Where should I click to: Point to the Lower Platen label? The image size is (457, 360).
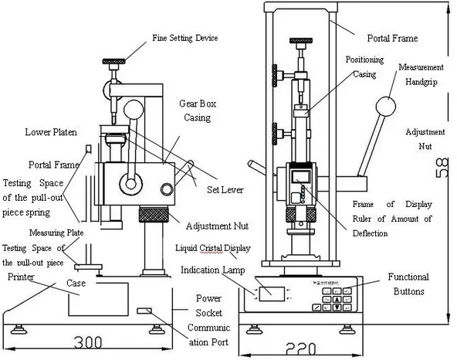click(51, 132)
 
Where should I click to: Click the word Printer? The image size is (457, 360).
click(21, 276)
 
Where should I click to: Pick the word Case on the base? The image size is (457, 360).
click(74, 284)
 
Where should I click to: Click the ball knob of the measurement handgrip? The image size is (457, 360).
click(387, 106)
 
